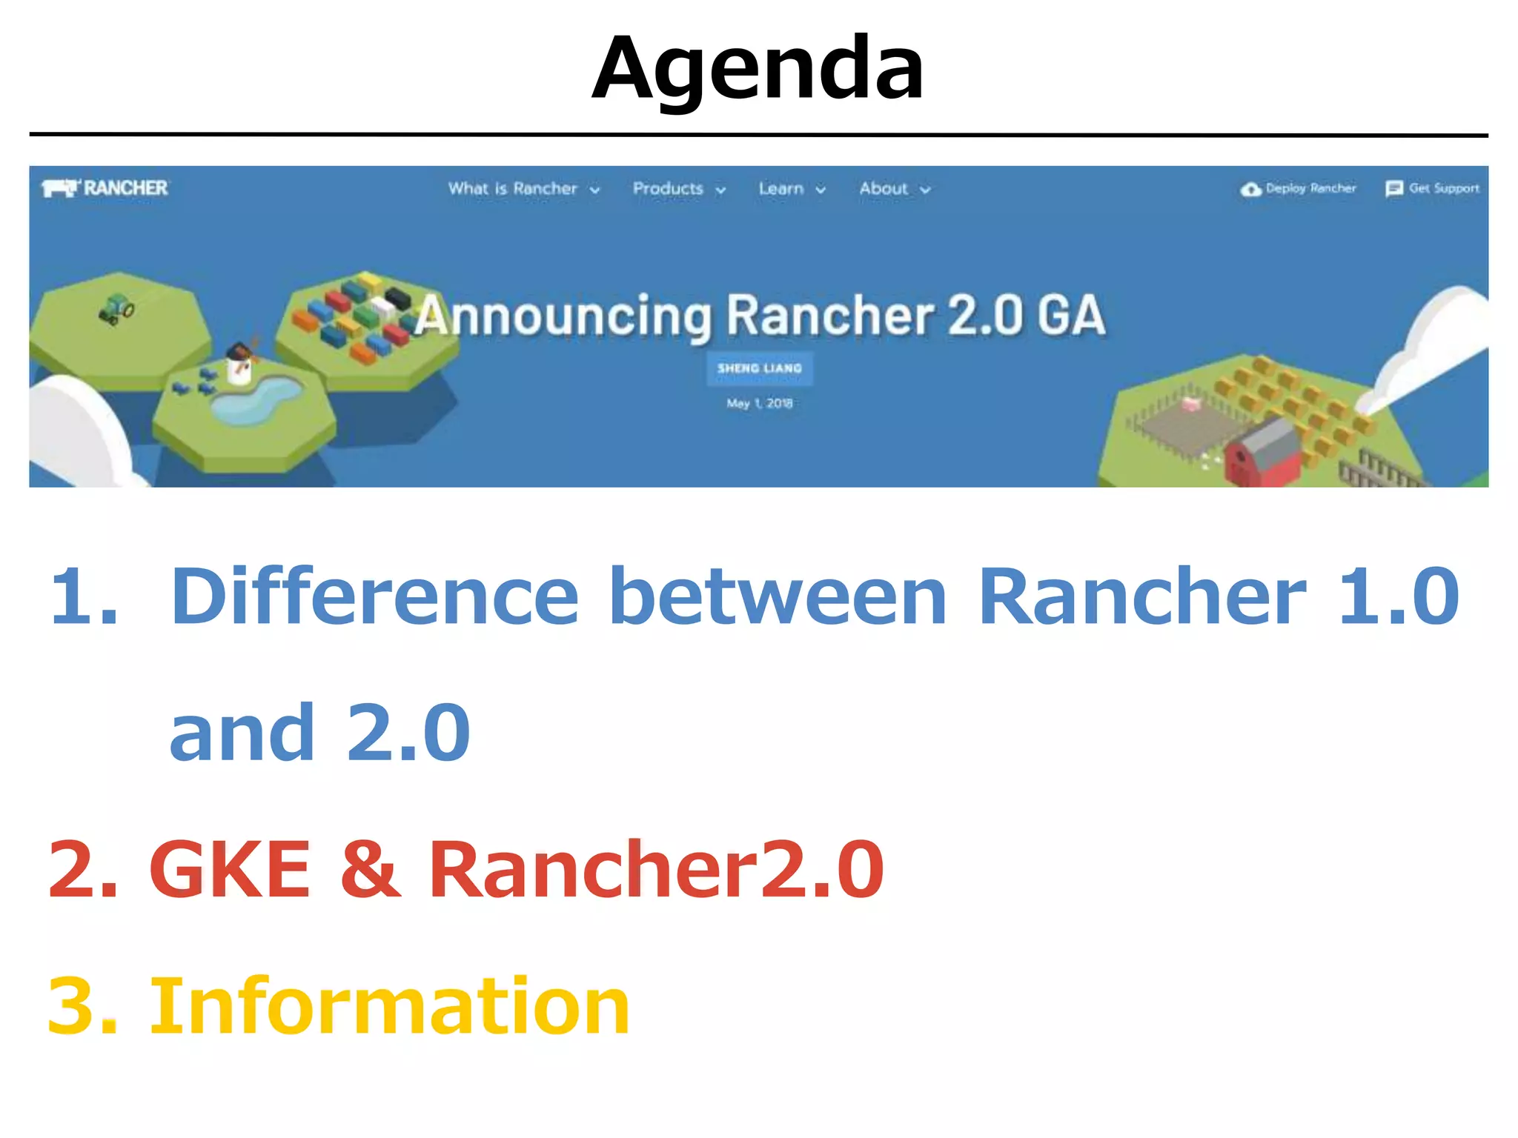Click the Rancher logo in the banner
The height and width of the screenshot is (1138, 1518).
(x=105, y=188)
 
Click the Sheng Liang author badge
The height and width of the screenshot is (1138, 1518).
(x=760, y=368)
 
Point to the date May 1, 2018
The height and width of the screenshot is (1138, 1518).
(x=760, y=403)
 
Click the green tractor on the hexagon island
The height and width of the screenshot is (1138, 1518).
(x=116, y=308)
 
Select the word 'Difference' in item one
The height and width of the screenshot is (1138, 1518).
(x=374, y=596)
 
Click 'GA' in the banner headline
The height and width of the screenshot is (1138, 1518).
(x=1071, y=316)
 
